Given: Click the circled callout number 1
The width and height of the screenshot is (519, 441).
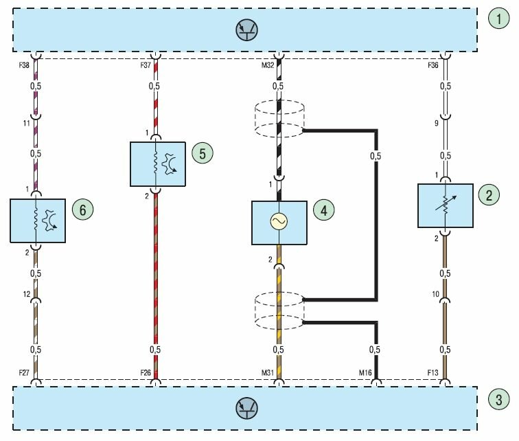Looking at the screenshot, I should [x=498, y=19].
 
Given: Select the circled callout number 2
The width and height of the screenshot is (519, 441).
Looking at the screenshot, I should [x=489, y=196].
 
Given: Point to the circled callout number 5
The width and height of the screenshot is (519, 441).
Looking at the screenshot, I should [x=200, y=153].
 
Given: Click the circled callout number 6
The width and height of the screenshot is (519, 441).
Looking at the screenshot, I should [x=82, y=210].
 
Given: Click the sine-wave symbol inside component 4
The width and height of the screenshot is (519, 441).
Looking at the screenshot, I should [x=279, y=221].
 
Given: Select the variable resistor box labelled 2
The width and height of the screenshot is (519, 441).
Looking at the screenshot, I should [x=445, y=205].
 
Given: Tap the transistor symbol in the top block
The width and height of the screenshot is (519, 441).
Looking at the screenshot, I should [x=246, y=29].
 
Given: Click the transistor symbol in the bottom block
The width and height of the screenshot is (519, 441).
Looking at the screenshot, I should [x=246, y=409].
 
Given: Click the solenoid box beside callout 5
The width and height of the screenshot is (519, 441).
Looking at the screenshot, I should [x=157, y=163].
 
